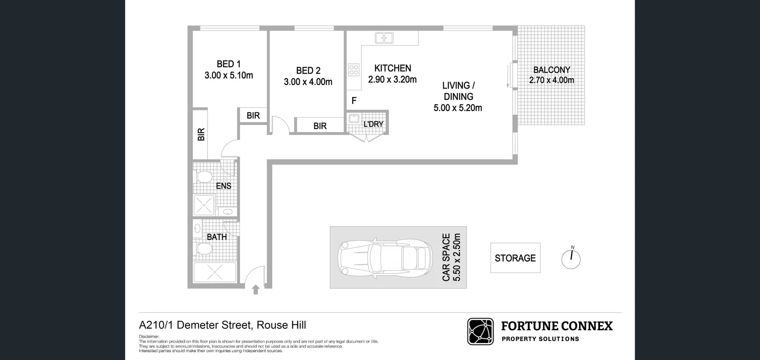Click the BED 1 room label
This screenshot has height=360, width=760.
(228, 64)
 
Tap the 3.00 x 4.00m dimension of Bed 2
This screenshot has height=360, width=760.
(308, 82)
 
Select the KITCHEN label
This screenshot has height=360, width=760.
(393, 68)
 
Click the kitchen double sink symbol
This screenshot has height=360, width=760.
(384, 38)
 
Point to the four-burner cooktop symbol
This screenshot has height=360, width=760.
(354, 70)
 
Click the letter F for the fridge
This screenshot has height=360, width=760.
(354, 101)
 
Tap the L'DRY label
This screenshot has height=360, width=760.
(373, 124)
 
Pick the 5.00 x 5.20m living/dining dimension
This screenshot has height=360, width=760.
(458, 108)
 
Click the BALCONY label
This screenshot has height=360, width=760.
(551, 70)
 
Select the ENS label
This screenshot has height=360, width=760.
(224, 186)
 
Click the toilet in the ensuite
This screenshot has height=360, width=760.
(204, 176)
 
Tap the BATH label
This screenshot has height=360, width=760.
(217, 237)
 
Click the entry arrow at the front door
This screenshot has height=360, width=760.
(256, 290)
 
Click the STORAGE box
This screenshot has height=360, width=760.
(515, 258)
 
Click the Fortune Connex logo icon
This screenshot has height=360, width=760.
(480, 331)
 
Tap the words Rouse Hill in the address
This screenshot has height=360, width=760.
(281, 325)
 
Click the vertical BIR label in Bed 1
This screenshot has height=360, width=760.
(201, 135)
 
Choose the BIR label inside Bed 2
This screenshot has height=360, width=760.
(320, 126)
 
